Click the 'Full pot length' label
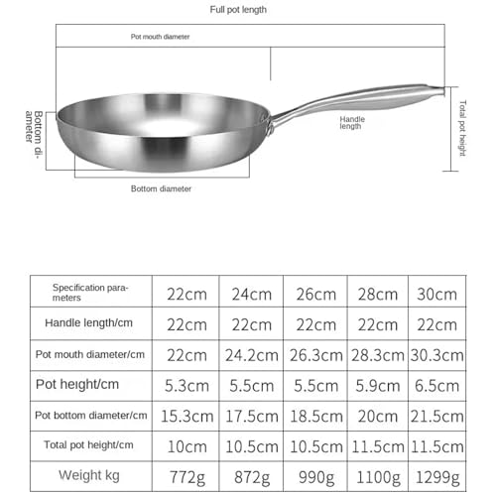238,9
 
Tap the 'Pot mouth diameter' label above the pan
161,37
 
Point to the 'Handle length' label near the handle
352,122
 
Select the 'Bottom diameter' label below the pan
162,188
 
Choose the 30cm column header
436,295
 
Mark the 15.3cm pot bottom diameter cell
186,416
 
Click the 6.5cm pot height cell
436,385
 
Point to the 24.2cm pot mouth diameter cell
251,354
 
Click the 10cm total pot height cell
186,446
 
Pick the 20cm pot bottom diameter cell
376,416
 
